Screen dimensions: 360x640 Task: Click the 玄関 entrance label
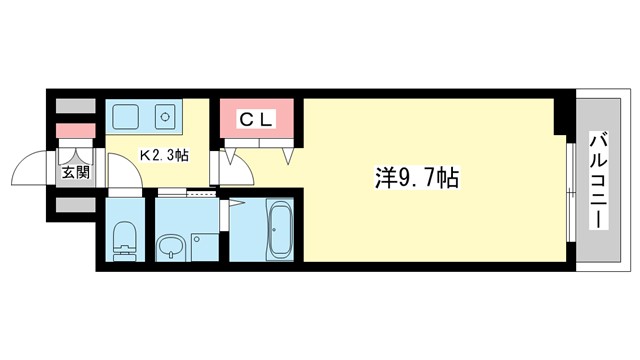pos(75,173)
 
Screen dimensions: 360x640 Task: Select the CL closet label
pos(257,120)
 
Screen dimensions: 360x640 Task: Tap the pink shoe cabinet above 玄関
pos(74,130)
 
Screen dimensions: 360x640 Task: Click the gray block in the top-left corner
pos(74,105)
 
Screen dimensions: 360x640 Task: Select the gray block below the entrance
pos(74,205)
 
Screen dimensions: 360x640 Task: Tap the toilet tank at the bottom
pos(125,254)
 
